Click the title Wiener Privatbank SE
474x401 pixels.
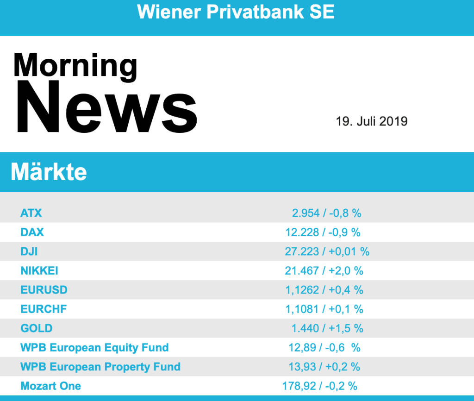(236, 12)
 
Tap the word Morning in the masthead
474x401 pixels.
(75, 66)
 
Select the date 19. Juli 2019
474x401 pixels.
(372, 121)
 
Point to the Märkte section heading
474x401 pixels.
(49, 172)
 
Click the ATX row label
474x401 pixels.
(31, 213)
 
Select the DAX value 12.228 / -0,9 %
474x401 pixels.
(323, 232)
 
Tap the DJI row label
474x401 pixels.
(29, 251)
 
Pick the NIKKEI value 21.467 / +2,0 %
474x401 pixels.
(324, 271)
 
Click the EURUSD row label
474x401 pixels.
(44, 290)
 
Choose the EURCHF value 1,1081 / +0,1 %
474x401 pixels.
(324, 309)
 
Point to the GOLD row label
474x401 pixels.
(37, 328)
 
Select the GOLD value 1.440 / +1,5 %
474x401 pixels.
(327, 328)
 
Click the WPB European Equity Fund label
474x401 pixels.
(94, 348)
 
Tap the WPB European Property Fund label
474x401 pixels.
(100, 367)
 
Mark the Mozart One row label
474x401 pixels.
(51, 386)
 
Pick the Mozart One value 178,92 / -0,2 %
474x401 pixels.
(320, 386)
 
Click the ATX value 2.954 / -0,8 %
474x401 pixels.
(326, 213)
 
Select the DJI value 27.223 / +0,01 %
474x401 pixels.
(327, 251)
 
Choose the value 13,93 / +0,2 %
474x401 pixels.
(324, 367)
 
